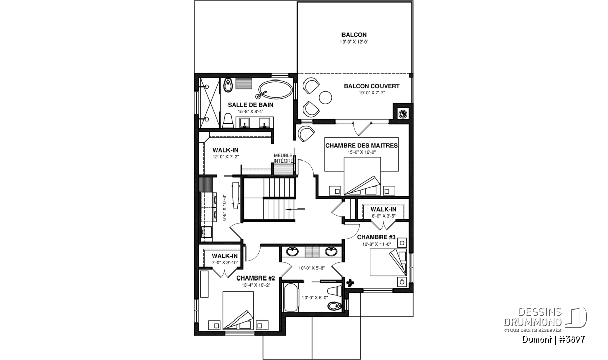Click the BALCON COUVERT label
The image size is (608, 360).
(x=371, y=86)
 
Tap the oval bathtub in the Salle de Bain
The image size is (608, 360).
(x=276, y=90)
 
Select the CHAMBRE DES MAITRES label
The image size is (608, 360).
(x=362, y=146)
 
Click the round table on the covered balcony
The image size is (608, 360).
(x=325, y=97)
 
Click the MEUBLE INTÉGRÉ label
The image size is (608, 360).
(x=283, y=158)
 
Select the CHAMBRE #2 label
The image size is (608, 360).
(x=255, y=278)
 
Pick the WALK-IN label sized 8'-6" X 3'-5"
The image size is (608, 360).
(x=384, y=210)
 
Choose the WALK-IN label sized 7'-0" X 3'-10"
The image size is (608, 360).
(x=225, y=256)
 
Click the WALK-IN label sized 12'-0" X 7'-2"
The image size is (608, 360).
(x=225, y=150)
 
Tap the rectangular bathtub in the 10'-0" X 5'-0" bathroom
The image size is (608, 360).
(x=290, y=297)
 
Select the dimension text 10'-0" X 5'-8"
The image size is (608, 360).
(x=312, y=268)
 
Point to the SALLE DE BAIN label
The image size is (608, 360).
(x=250, y=105)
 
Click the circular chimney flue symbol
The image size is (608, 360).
(x=402, y=114)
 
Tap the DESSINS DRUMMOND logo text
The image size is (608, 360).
(x=533, y=317)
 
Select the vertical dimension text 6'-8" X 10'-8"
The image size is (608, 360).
(x=224, y=208)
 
